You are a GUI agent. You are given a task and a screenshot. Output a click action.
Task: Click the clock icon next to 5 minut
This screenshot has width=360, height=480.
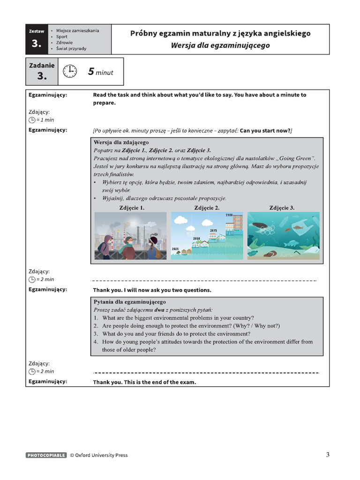(70, 72)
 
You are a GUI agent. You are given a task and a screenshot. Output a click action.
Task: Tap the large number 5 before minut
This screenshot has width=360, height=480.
(91, 72)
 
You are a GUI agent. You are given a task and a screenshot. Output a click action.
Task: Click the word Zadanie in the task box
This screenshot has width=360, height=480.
(42, 66)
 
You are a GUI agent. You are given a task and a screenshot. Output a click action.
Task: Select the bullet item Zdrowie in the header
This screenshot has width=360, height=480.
(65, 42)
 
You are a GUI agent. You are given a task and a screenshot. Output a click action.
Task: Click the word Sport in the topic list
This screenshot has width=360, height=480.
(62, 36)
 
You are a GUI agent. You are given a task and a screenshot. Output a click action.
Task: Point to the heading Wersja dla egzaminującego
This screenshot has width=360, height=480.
(220, 45)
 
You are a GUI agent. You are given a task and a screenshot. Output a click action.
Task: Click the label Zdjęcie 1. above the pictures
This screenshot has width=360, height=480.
(132, 207)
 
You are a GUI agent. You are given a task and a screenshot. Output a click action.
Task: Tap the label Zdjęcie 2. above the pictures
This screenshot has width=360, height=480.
(207, 207)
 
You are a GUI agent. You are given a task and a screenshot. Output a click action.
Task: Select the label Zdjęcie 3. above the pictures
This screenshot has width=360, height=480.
(282, 207)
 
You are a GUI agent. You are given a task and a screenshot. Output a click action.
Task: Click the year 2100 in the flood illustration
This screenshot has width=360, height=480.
(229, 215)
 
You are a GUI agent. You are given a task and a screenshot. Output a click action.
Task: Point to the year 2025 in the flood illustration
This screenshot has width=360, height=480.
(175, 248)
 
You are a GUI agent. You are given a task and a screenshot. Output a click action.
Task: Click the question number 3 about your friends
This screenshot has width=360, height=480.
(95, 334)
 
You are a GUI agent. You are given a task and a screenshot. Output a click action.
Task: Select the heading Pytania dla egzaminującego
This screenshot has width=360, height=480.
(129, 302)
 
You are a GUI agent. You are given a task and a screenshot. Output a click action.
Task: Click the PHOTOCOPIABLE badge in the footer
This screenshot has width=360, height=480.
(46, 455)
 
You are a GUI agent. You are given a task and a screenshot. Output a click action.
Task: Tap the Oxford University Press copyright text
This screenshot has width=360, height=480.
(98, 455)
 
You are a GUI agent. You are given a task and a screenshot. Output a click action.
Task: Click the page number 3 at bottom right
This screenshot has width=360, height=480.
(328, 454)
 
